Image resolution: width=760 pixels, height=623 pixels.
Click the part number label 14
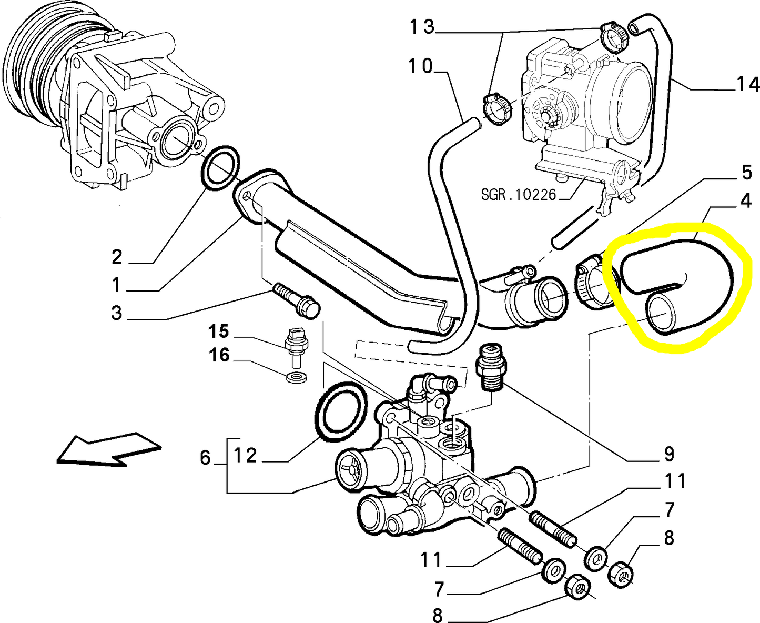coord(747,85)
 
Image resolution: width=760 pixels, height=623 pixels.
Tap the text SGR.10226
coord(518,195)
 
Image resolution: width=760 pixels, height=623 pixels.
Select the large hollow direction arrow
coord(108,449)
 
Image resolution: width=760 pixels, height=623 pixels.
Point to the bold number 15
coord(218,331)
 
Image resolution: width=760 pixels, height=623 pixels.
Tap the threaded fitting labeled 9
coord(490,368)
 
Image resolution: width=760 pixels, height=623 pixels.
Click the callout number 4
coord(746,201)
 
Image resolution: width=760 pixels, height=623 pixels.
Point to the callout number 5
coord(746,172)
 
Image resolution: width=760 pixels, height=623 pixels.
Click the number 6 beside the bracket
coord(205,458)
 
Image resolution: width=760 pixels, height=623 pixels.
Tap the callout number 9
coord(668,453)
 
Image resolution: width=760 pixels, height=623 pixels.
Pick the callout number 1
coord(116,286)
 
